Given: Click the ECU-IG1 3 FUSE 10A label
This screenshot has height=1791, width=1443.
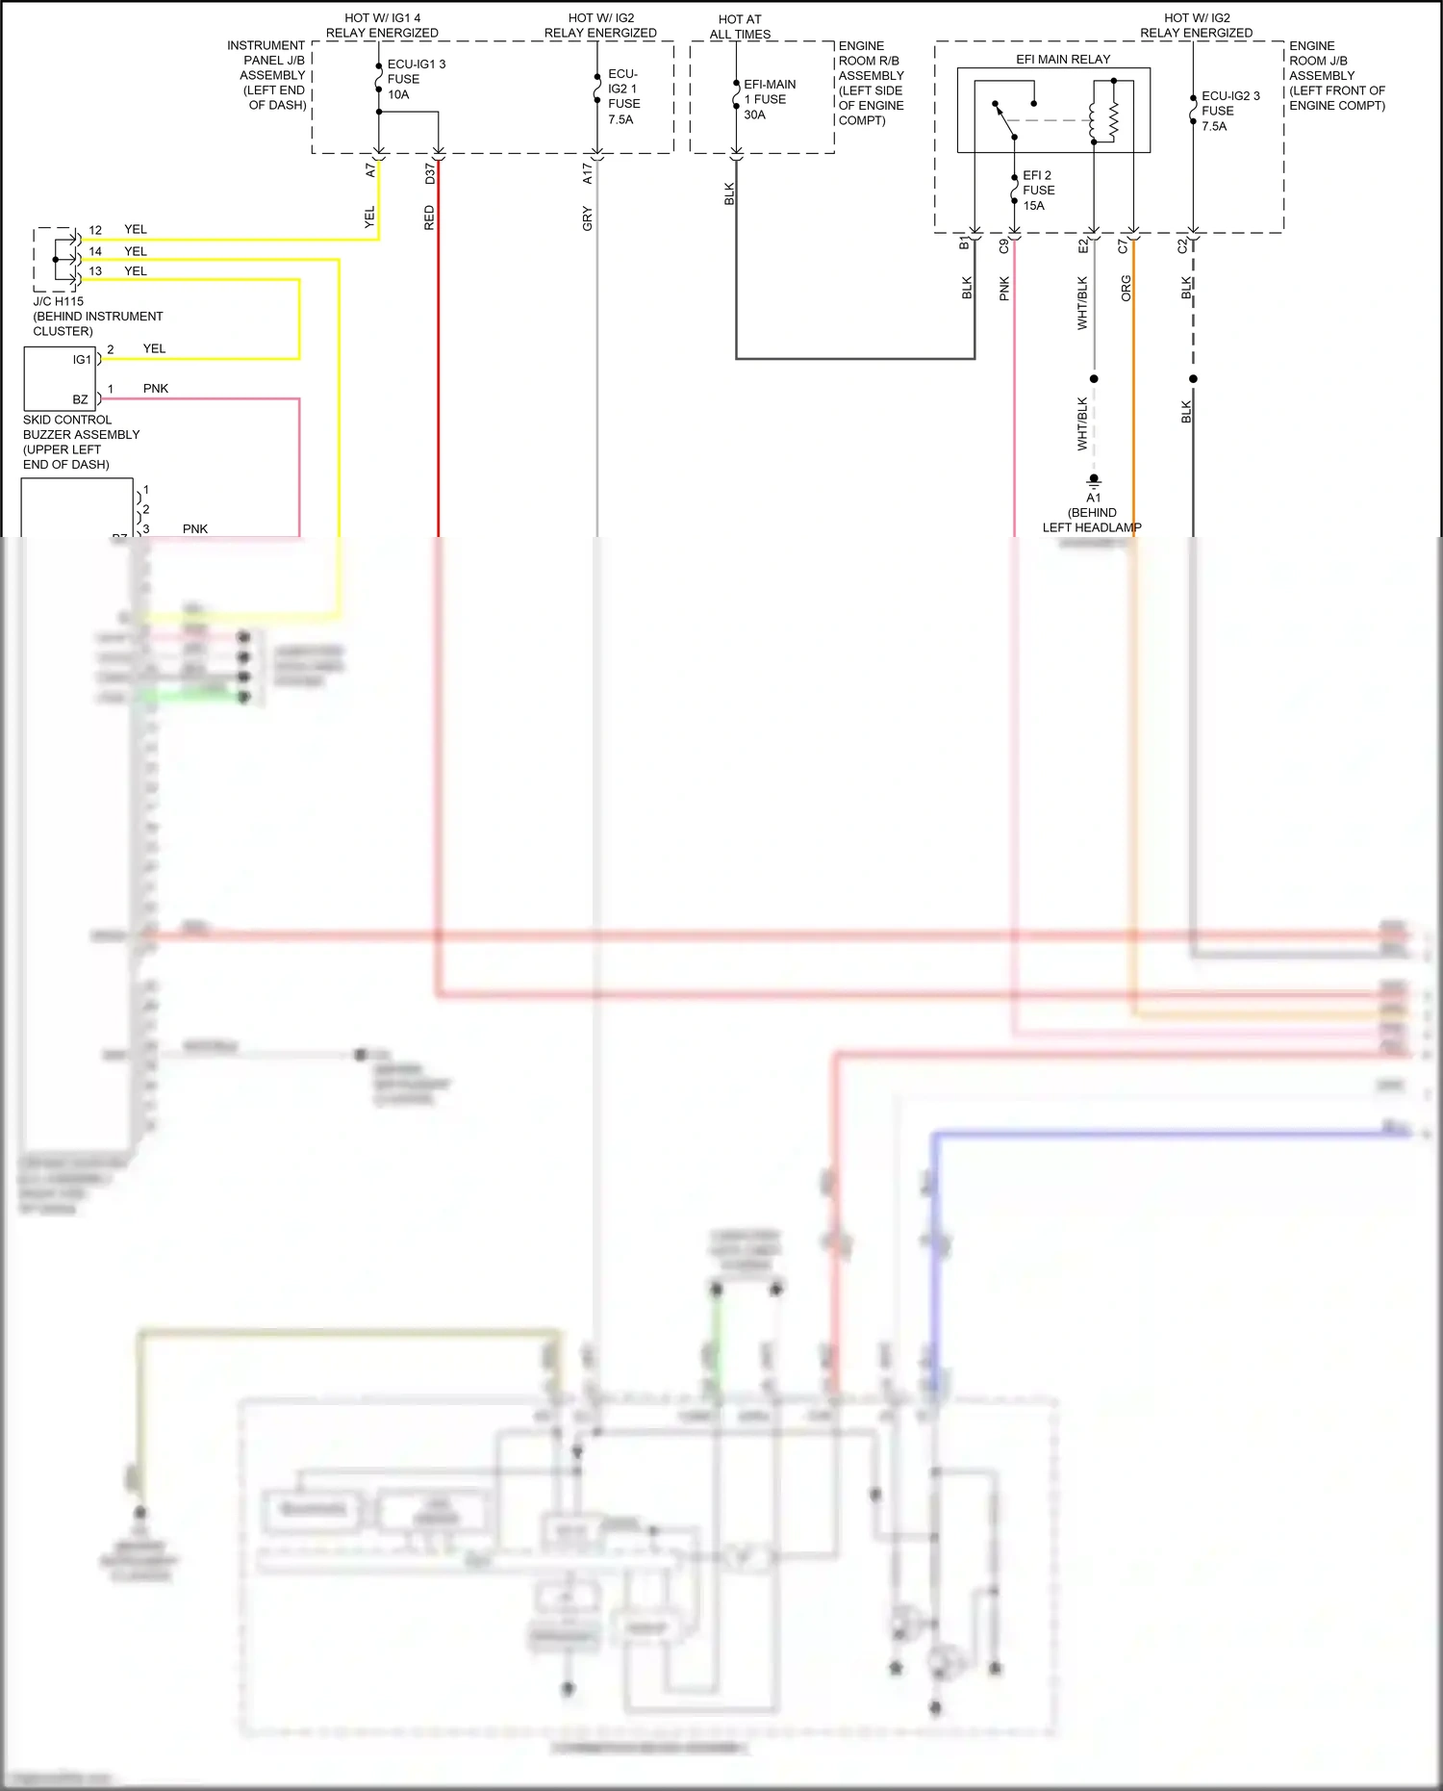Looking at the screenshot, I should pos(415,79).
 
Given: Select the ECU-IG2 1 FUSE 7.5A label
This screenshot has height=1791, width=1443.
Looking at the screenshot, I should pos(623,96).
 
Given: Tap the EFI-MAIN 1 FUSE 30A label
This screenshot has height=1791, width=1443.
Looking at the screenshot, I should pos(769,99).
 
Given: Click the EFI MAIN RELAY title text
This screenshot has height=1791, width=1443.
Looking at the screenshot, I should pos(1062,60).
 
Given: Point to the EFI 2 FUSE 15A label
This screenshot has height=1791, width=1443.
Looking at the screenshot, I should pos(1038,191).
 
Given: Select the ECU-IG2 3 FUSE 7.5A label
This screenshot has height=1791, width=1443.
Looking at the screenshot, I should pos(1229,111).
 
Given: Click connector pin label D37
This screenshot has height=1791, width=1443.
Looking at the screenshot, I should pos(430,173).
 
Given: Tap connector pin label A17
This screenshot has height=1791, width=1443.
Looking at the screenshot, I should pos(588,173).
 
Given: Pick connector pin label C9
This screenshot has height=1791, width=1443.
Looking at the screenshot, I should pos(1003,246).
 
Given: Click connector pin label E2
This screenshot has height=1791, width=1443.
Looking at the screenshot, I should pos(1083,246).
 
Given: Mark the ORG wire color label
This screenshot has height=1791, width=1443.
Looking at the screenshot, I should pos(1127,289).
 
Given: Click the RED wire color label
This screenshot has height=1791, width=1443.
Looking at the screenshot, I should pos(430,217).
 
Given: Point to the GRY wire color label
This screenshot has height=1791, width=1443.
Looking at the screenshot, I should pos(588,218).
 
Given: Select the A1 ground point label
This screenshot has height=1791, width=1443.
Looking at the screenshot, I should pos(1093,498).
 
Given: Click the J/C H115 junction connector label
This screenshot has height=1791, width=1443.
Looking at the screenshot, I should pos(59,301).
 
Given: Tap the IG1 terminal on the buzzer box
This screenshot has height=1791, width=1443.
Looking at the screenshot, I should pos(82,360).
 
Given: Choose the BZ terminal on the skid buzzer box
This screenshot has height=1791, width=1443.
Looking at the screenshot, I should pos(80,399).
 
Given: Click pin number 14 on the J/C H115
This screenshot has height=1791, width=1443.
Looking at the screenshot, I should pos(95,251).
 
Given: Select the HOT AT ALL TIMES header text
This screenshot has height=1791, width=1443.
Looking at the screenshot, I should pos(740,27).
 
